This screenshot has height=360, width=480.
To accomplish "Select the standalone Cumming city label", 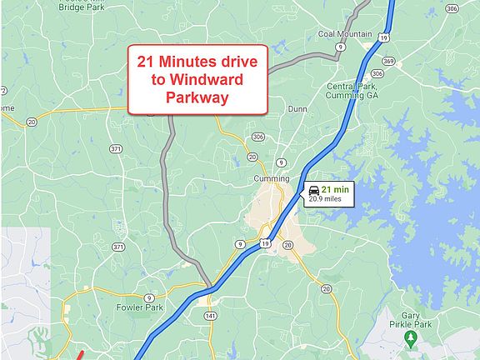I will tap(272, 178).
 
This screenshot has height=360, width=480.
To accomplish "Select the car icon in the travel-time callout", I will tap(313, 190).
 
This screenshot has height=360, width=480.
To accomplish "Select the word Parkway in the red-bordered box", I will tap(197, 98).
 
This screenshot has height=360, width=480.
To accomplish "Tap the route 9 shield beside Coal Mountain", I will tap(341, 47).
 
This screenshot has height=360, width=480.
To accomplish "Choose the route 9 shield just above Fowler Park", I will tap(148, 297).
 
